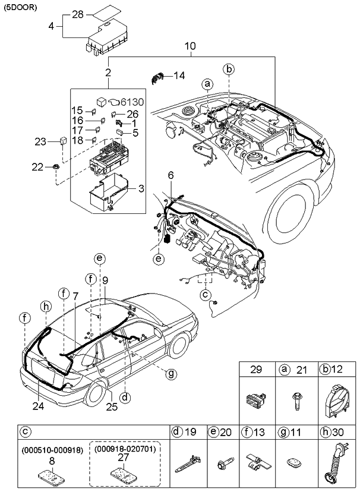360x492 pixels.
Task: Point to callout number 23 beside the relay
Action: (x=40, y=141)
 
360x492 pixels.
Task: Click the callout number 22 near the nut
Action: (x=37, y=168)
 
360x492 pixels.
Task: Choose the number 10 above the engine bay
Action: (x=190, y=46)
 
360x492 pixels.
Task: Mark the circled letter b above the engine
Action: (x=229, y=69)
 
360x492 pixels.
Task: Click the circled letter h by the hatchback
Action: (x=43, y=305)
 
